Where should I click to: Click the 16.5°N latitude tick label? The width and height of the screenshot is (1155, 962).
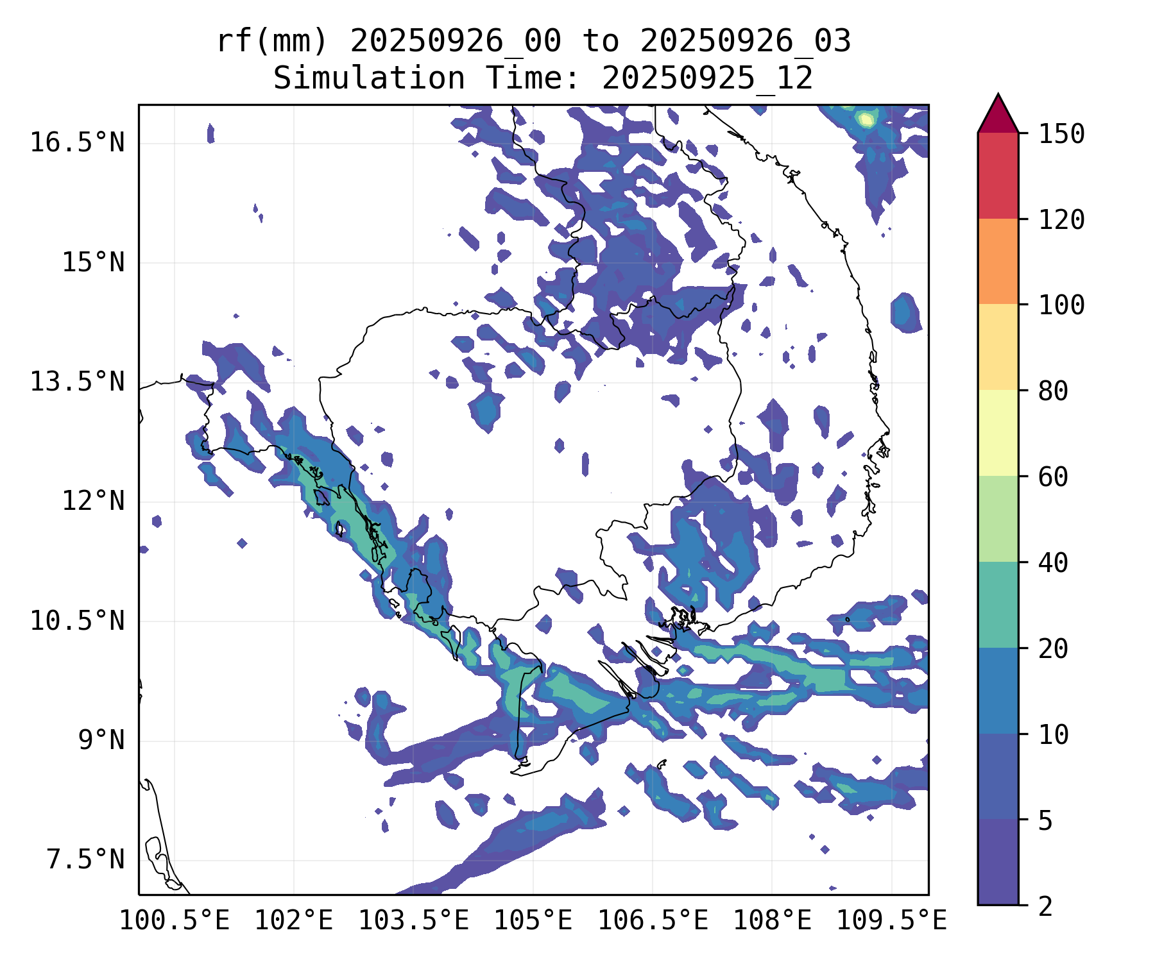point(77,142)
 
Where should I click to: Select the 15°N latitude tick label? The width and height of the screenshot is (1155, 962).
point(93,262)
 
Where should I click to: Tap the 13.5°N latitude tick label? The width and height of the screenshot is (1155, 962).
point(77,382)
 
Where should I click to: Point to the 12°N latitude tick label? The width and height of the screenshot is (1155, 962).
point(93,501)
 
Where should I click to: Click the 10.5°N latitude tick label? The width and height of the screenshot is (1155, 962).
point(77,621)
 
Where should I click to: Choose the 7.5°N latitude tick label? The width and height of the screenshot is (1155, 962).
point(85,860)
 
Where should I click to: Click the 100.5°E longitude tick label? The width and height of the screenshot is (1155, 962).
point(175,920)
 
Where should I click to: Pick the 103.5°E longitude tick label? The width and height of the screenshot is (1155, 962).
point(413,920)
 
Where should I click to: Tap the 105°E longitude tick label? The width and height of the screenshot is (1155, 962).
point(533,920)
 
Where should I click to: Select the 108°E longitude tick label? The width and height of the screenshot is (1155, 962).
point(772,920)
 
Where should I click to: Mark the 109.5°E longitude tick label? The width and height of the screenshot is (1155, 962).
point(891,920)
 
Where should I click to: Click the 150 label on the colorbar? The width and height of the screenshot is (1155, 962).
point(1062,134)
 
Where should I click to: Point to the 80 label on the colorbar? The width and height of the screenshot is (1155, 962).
point(1053,391)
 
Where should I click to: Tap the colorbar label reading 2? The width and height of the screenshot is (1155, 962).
point(1045,906)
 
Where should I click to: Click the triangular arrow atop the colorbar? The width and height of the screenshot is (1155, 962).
point(998,116)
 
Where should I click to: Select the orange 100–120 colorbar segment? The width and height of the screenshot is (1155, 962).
point(998,261)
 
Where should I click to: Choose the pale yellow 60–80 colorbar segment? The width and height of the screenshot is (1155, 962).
point(998,432)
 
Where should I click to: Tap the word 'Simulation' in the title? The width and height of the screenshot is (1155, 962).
point(369,79)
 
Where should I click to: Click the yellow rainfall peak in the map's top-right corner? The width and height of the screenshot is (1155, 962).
point(866,119)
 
